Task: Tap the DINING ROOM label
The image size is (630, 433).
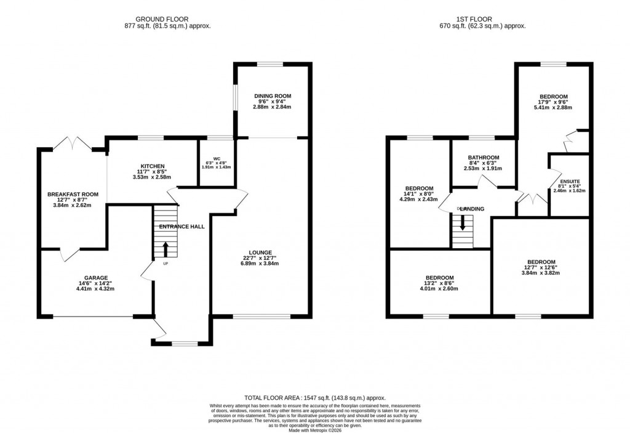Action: tap(273, 96)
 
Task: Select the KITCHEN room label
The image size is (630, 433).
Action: tap(153, 166)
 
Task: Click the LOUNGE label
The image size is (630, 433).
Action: tap(261, 252)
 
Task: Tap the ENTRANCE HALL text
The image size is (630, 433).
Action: tap(181, 227)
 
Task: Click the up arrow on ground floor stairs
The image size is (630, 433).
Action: tap(165, 249)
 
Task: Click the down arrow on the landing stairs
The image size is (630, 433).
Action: tap(463, 222)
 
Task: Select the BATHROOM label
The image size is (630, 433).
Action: tap(483, 158)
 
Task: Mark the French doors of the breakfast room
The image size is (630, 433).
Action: tap(73, 144)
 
